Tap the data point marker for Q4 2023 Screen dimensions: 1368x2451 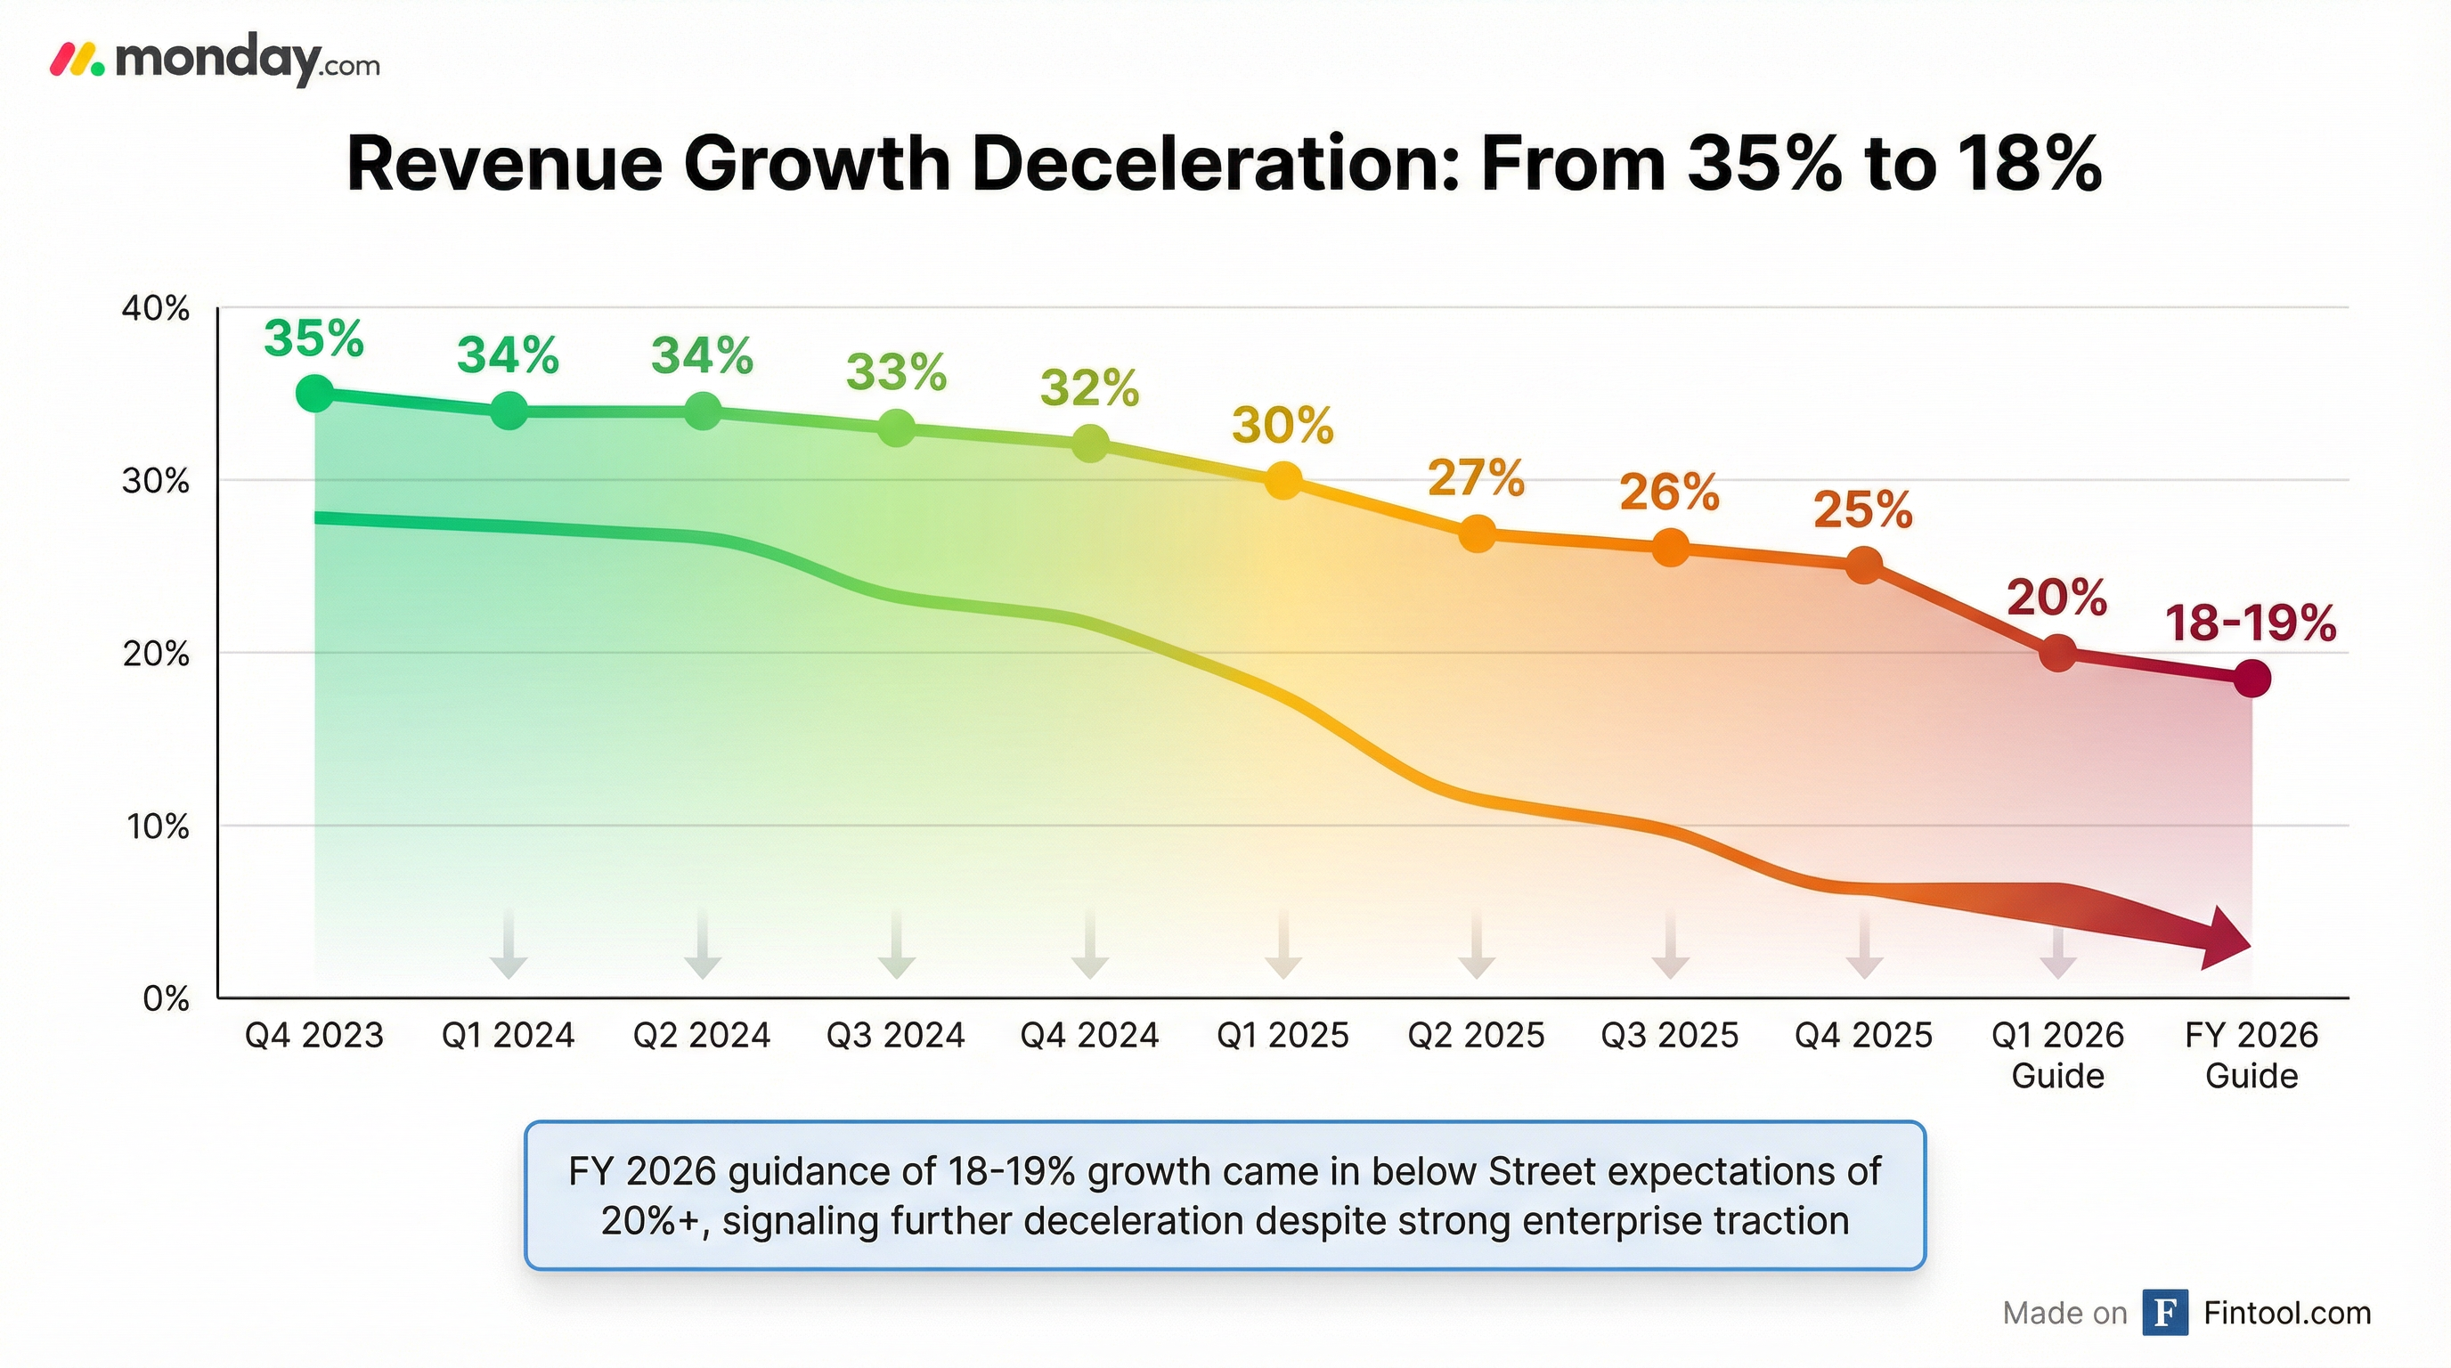click(x=315, y=393)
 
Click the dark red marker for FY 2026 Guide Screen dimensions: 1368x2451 click(x=2251, y=679)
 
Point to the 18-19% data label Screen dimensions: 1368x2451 click(x=2251, y=623)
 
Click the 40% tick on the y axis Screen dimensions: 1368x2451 click(x=156, y=309)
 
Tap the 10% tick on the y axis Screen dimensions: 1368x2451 click(x=156, y=826)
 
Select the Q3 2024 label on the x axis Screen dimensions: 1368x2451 click(x=895, y=1035)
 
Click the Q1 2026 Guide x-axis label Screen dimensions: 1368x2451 click(x=2058, y=1054)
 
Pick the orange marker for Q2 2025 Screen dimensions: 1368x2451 click(x=1477, y=533)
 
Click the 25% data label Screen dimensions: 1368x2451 click(x=1863, y=510)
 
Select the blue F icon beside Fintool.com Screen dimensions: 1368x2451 click(x=2164, y=1313)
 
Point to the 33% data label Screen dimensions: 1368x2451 click(x=896, y=372)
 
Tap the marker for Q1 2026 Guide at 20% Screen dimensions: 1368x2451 click(x=2058, y=653)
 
